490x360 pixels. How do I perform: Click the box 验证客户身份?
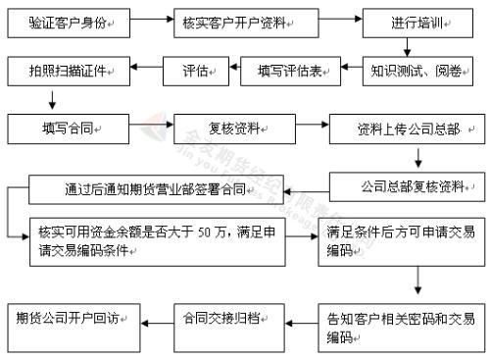(70, 21)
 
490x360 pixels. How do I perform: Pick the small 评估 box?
(196, 71)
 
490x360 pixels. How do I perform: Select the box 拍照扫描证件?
(70, 71)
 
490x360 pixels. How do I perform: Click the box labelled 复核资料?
(231, 128)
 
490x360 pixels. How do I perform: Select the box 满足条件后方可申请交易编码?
(402, 241)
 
